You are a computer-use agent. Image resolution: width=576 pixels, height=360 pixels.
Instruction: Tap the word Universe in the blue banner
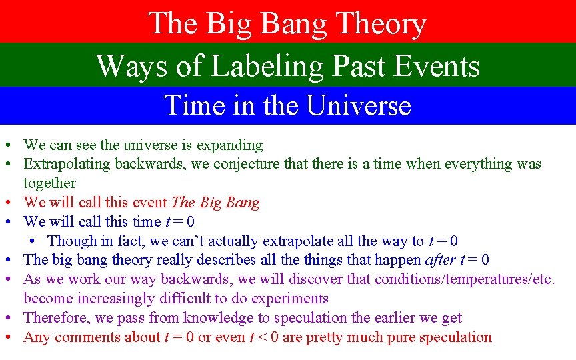(359, 105)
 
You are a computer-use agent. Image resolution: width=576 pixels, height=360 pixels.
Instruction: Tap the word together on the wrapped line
(49, 183)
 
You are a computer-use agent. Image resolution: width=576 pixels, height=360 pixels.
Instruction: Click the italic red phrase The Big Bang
(215, 202)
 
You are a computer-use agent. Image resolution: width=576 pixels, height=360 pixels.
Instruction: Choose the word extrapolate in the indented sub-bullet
(299, 241)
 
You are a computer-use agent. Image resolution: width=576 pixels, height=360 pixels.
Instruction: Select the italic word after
(441, 260)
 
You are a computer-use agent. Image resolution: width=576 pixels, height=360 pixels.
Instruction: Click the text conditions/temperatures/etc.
(465, 279)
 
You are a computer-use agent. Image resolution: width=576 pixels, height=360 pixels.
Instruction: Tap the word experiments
(288, 299)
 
